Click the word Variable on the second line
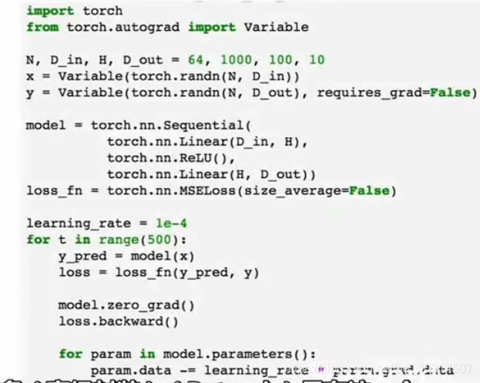277,27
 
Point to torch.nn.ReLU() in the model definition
163,158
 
